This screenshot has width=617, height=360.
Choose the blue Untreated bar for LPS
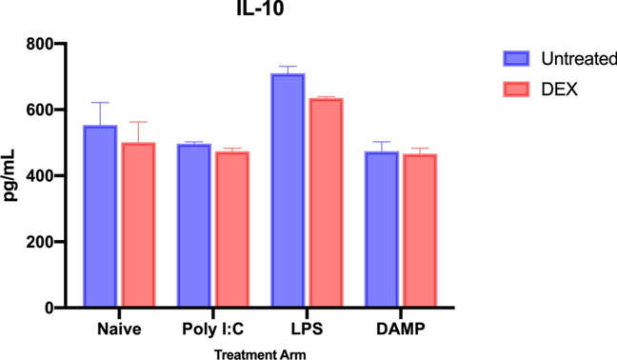(287, 191)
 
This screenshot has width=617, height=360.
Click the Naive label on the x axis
(119, 330)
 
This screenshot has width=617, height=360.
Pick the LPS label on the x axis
(306, 330)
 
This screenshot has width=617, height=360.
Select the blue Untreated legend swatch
(516, 59)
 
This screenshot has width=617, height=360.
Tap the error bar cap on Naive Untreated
(100, 103)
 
